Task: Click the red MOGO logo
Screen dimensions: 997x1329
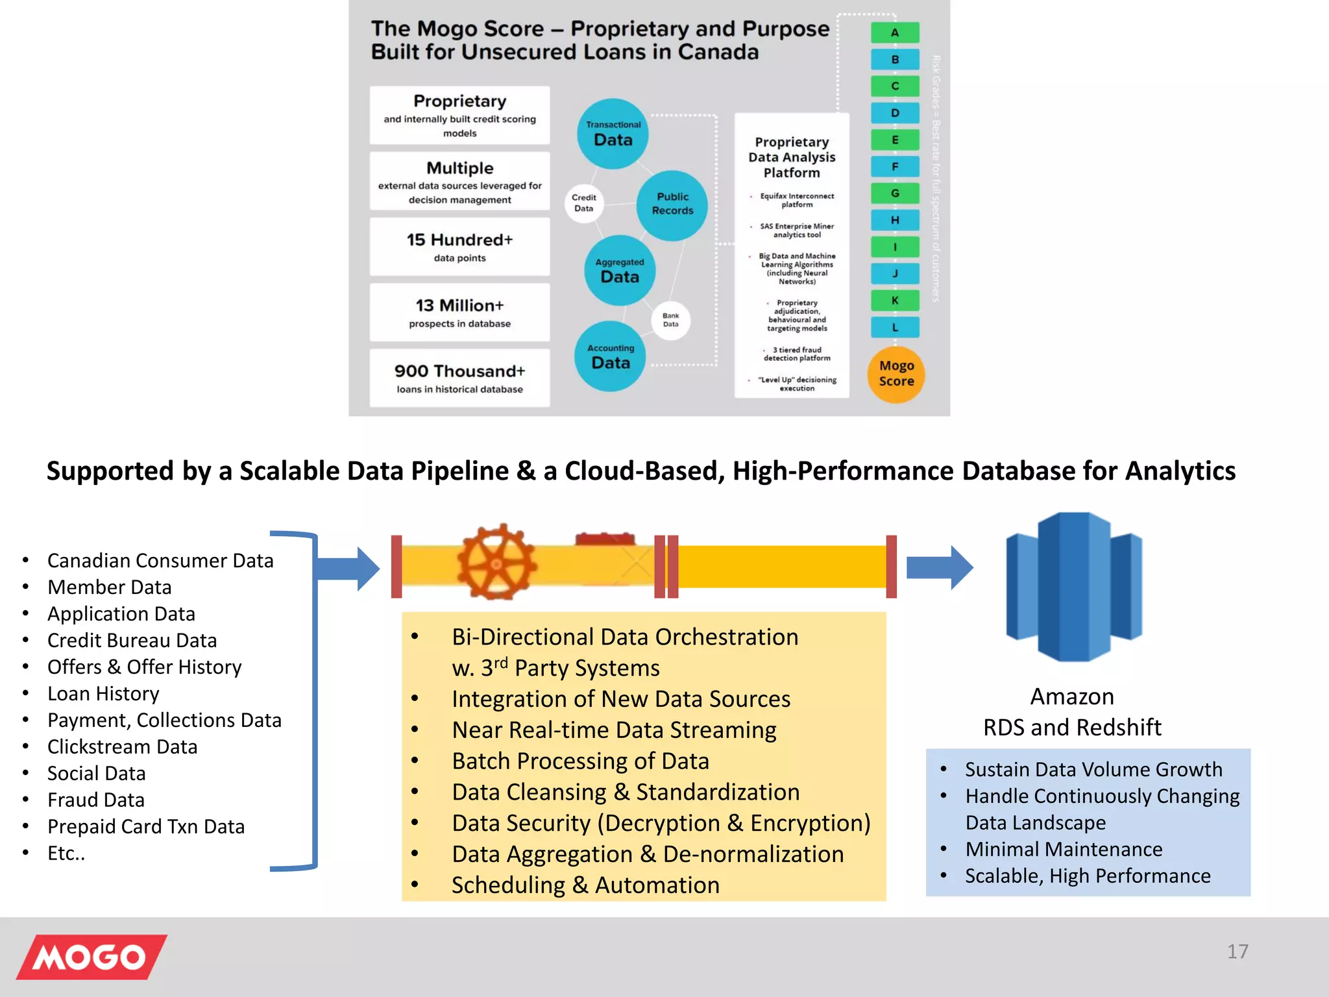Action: click(91, 956)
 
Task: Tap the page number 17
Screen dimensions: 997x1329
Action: click(1237, 952)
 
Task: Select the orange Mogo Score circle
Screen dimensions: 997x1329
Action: click(896, 375)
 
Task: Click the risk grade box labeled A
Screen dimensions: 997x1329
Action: click(895, 32)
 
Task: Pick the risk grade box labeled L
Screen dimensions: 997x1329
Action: click(895, 327)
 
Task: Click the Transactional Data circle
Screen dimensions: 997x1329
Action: click(613, 134)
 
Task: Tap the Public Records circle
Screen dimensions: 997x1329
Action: click(672, 205)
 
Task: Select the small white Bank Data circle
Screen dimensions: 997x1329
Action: click(670, 320)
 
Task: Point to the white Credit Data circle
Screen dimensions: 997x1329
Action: click(583, 203)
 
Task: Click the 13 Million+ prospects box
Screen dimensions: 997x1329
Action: click(459, 312)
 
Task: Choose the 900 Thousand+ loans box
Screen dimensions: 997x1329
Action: click(459, 378)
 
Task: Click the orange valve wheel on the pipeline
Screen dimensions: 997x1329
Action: click(496, 562)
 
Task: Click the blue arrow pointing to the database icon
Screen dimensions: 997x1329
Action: click(939, 567)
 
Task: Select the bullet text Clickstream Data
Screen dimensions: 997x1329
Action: click(122, 747)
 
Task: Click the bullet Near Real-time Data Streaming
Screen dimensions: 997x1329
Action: click(614, 730)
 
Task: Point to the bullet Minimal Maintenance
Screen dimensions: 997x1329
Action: click(1064, 849)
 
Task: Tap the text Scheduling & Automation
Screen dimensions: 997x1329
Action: click(585, 885)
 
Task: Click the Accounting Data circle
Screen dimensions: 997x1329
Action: click(610, 356)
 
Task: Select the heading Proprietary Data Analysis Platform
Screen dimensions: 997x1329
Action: click(792, 157)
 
